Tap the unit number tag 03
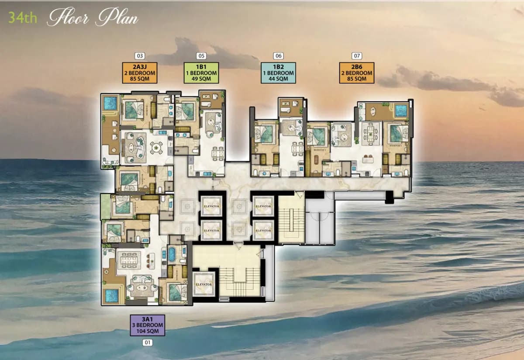coord(140,56)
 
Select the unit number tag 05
coord(201,56)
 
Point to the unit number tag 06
coord(278,56)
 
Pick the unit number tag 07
coord(357,56)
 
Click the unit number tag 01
coord(148,343)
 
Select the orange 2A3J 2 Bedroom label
coord(140,73)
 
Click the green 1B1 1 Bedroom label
coord(201,73)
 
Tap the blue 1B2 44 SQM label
coord(278,73)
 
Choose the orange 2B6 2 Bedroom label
coord(357,73)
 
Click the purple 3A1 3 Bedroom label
coord(148,325)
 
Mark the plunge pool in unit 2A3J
coord(110,104)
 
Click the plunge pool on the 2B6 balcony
coord(400,111)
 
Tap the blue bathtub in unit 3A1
coord(172,254)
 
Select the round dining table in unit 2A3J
coord(156,148)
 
